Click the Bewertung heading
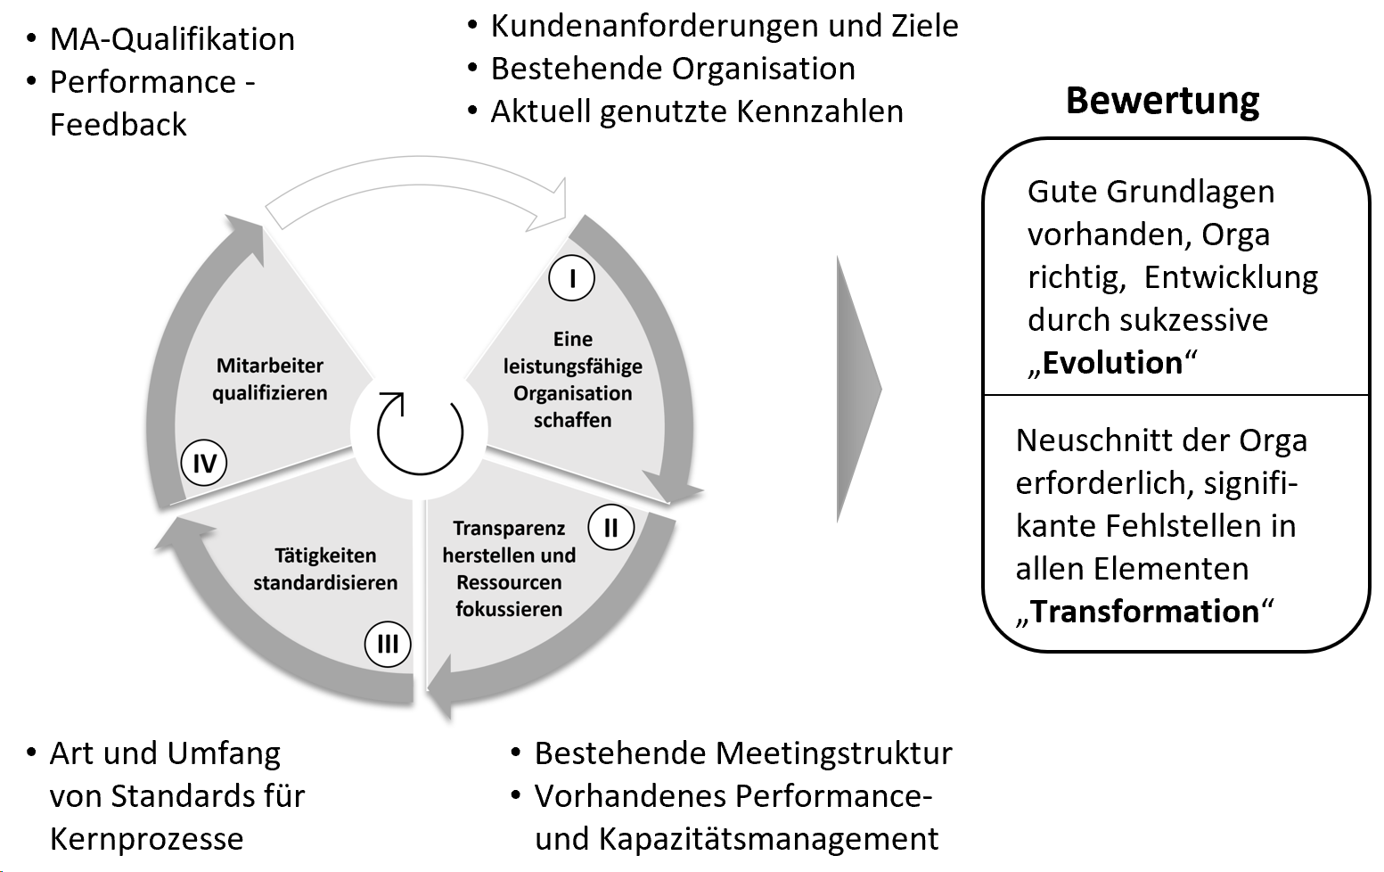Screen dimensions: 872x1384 pos(1162,101)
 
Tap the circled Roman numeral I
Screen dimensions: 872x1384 pos(571,279)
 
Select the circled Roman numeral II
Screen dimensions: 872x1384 pos(610,528)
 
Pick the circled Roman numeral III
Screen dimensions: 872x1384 pos(388,644)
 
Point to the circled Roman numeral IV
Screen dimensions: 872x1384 pos(204,464)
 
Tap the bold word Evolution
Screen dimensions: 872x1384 pos(1112,363)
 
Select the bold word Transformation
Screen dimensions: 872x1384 pos(1145,612)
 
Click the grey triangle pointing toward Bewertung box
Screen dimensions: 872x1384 pos(857,390)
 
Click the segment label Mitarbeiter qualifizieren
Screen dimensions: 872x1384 pos(270,379)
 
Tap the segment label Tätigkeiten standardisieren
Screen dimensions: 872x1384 pos(325,569)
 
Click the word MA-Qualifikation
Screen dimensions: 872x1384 pos(172,39)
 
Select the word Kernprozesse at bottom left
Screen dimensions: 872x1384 pos(146,839)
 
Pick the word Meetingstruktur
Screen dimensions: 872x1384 pos(834,753)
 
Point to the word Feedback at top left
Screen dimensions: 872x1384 pos(118,125)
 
